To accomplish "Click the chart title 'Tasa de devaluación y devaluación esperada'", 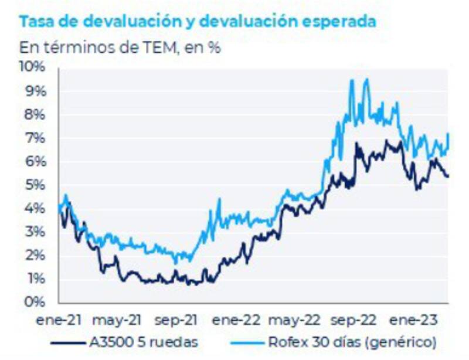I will pyautogui.click(x=198, y=22).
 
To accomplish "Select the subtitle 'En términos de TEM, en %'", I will pyautogui.click(x=120, y=47).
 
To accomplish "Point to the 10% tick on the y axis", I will pyautogui.click(x=33, y=67).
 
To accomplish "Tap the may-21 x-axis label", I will pyautogui.click(x=117, y=320).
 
